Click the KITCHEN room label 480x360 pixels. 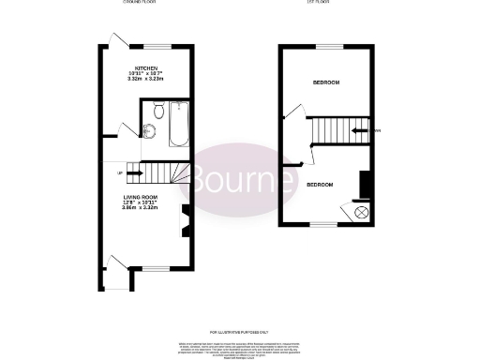[145, 68]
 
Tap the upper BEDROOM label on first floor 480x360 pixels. [325, 83]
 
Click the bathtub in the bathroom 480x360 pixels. [179, 127]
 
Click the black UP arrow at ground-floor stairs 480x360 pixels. [133, 172]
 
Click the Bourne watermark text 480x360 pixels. [240, 175]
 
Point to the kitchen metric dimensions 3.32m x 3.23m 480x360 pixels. [145, 80]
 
